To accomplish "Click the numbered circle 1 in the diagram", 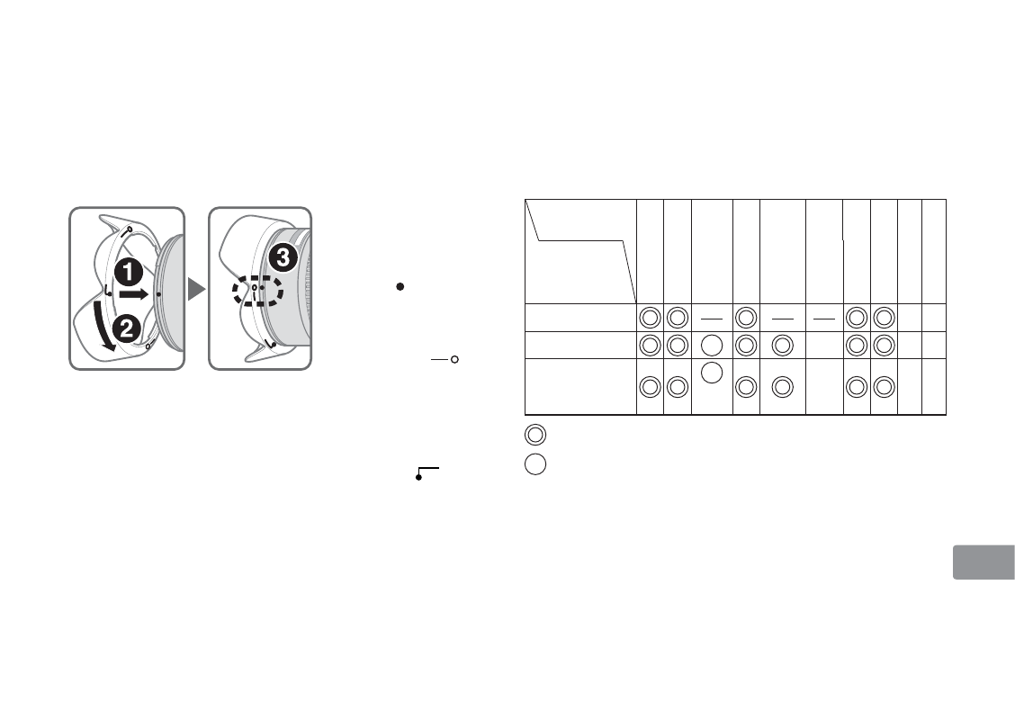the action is click(x=129, y=272).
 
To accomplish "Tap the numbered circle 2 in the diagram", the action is click(x=126, y=328).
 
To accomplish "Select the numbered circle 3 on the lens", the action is click(x=283, y=257).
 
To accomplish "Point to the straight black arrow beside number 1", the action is click(x=134, y=294).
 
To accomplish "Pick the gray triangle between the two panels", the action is click(x=196, y=289).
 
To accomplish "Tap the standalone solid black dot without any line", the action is click(x=400, y=286).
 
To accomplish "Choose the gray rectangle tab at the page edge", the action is click(x=984, y=562).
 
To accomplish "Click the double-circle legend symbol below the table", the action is click(x=535, y=435).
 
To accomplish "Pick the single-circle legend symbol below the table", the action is click(x=535, y=464).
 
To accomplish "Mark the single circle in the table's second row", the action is click(x=712, y=345).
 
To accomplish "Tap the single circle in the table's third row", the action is click(x=712, y=373).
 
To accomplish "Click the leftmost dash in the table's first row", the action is click(x=712, y=319).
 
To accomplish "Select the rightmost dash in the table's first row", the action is click(x=824, y=319).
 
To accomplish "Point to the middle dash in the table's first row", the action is click(x=783, y=319).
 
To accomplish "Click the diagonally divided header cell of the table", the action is click(x=580, y=251).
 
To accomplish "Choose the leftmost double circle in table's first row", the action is click(x=650, y=318).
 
